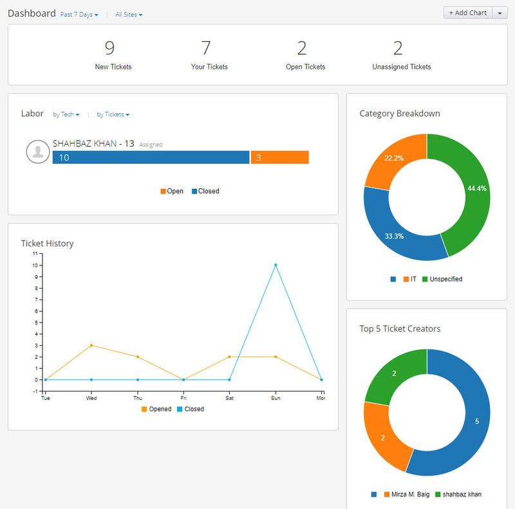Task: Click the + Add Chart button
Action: pyautogui.click(x=468, y=13)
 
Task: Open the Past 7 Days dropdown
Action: pyautogui.click(x=79, y=14)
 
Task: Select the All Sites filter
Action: pyautogui.click(x=129, y=14)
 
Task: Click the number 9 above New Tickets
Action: pyautogui.click(x=109, y=48)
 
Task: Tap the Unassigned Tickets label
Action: pyautogui.click(x=402, y=67)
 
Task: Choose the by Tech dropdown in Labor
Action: pyautogui.click(x=66, y=114)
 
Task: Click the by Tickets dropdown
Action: pyautogui.click(x=113, y=114)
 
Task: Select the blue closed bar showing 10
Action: pyautogui.click(x=151, y=157)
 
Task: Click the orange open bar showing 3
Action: pyautogui.click(x=280, y=157)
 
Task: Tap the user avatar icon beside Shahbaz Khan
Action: pyautogui.click(x=38, y=151)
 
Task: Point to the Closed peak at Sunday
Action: pyautogui.click(x=276, y=265)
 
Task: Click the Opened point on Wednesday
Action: pyautogui.click(x=91, y=345)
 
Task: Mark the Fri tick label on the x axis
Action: pyautogui.click(x=183, y=398)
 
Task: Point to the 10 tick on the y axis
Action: pyautogui.click(x=36, y=265)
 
